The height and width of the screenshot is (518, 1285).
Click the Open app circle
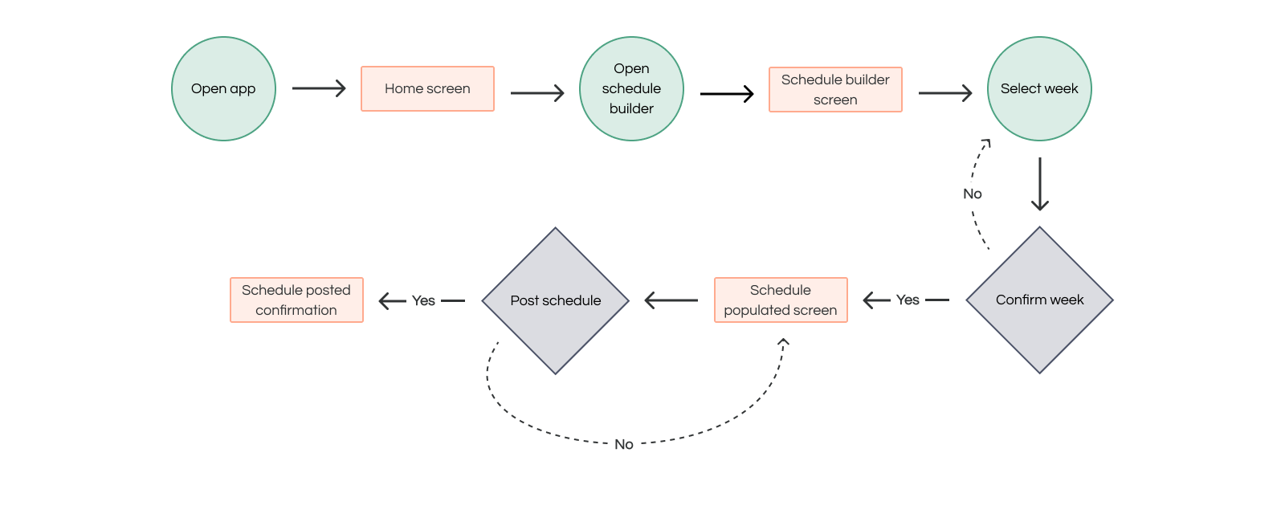click(x=224, y=89)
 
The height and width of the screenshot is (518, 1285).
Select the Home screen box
click(x=427, y=89)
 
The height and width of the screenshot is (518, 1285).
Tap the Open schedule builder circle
click(x=631, y=89)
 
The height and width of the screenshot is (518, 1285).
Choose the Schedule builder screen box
click(x=835, y=89)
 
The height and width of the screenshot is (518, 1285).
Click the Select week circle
click(x=1039, y=89)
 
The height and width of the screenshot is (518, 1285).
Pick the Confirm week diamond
click(x=1039, y=300)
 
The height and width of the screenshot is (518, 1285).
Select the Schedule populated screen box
click(x=781, y=300)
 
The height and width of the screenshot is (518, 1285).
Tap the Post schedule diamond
click(x=555, y=301)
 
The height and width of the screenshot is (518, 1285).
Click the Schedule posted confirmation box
click(x=296, y=300)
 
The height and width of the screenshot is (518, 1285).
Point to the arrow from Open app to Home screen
click(x=319, y=88)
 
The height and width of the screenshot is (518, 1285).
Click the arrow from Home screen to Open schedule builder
click(x=537, y=93)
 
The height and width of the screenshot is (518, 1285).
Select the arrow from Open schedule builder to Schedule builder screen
click(x=727, y=93)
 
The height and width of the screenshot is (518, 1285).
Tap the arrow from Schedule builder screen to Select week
click(x=945, y=93)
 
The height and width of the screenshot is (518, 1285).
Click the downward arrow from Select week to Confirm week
click(x=1040, y=184)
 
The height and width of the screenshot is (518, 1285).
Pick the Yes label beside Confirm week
click(x=908, y=300)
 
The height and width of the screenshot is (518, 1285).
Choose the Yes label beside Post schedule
click(x=423, y=301)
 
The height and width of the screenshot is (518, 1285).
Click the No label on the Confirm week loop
click(x=973, y=194)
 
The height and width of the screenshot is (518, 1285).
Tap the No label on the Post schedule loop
click(x=623, y=445)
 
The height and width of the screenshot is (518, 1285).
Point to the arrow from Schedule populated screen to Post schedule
click(x=671, y=300)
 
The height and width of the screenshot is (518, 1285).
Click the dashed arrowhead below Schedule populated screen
click(x=784, y=342)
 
